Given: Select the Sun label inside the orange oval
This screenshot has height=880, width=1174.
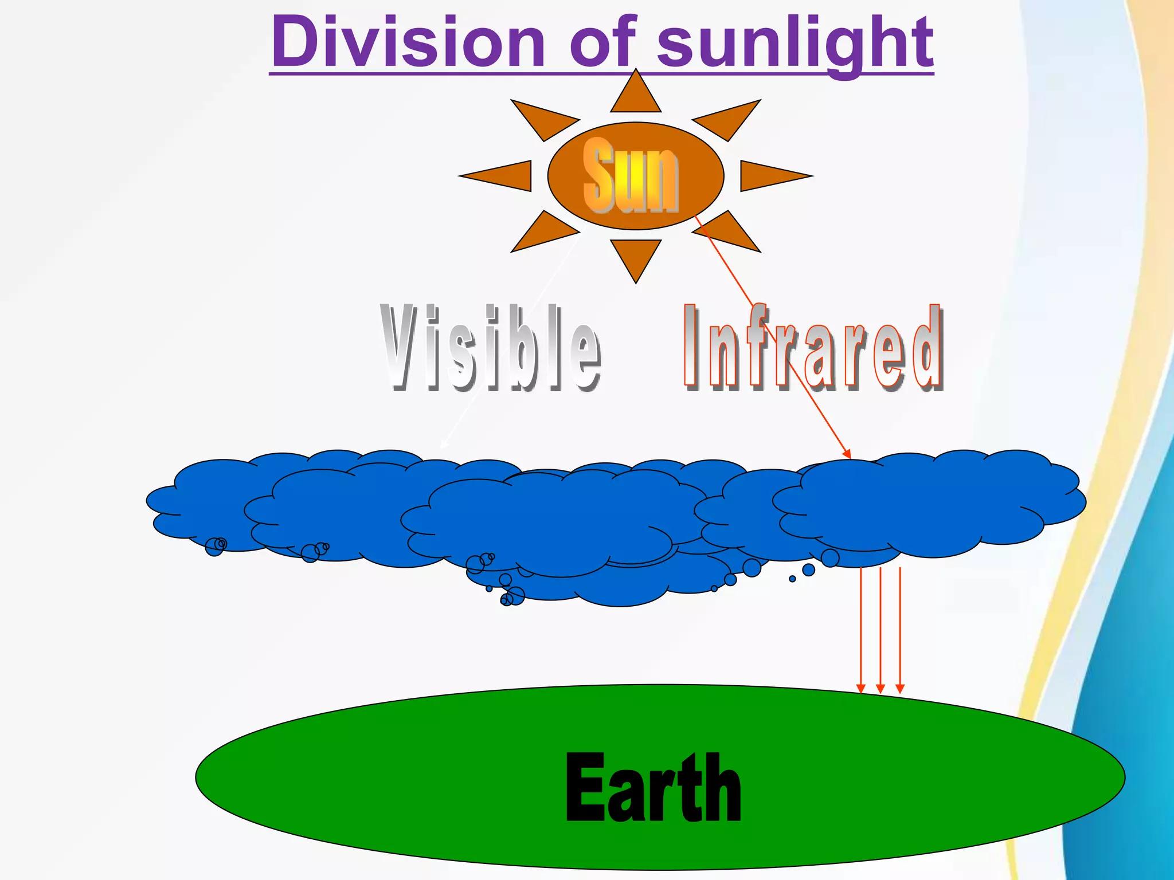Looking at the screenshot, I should (631, 175).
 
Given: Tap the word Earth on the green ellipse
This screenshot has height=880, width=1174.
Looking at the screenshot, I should (653, 788).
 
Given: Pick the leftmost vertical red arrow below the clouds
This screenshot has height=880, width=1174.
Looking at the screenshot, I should (860, 630).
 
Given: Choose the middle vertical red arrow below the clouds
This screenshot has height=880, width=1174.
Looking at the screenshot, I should (880, 630).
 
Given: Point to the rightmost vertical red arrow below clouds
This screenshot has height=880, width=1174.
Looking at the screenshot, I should (900, 630).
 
